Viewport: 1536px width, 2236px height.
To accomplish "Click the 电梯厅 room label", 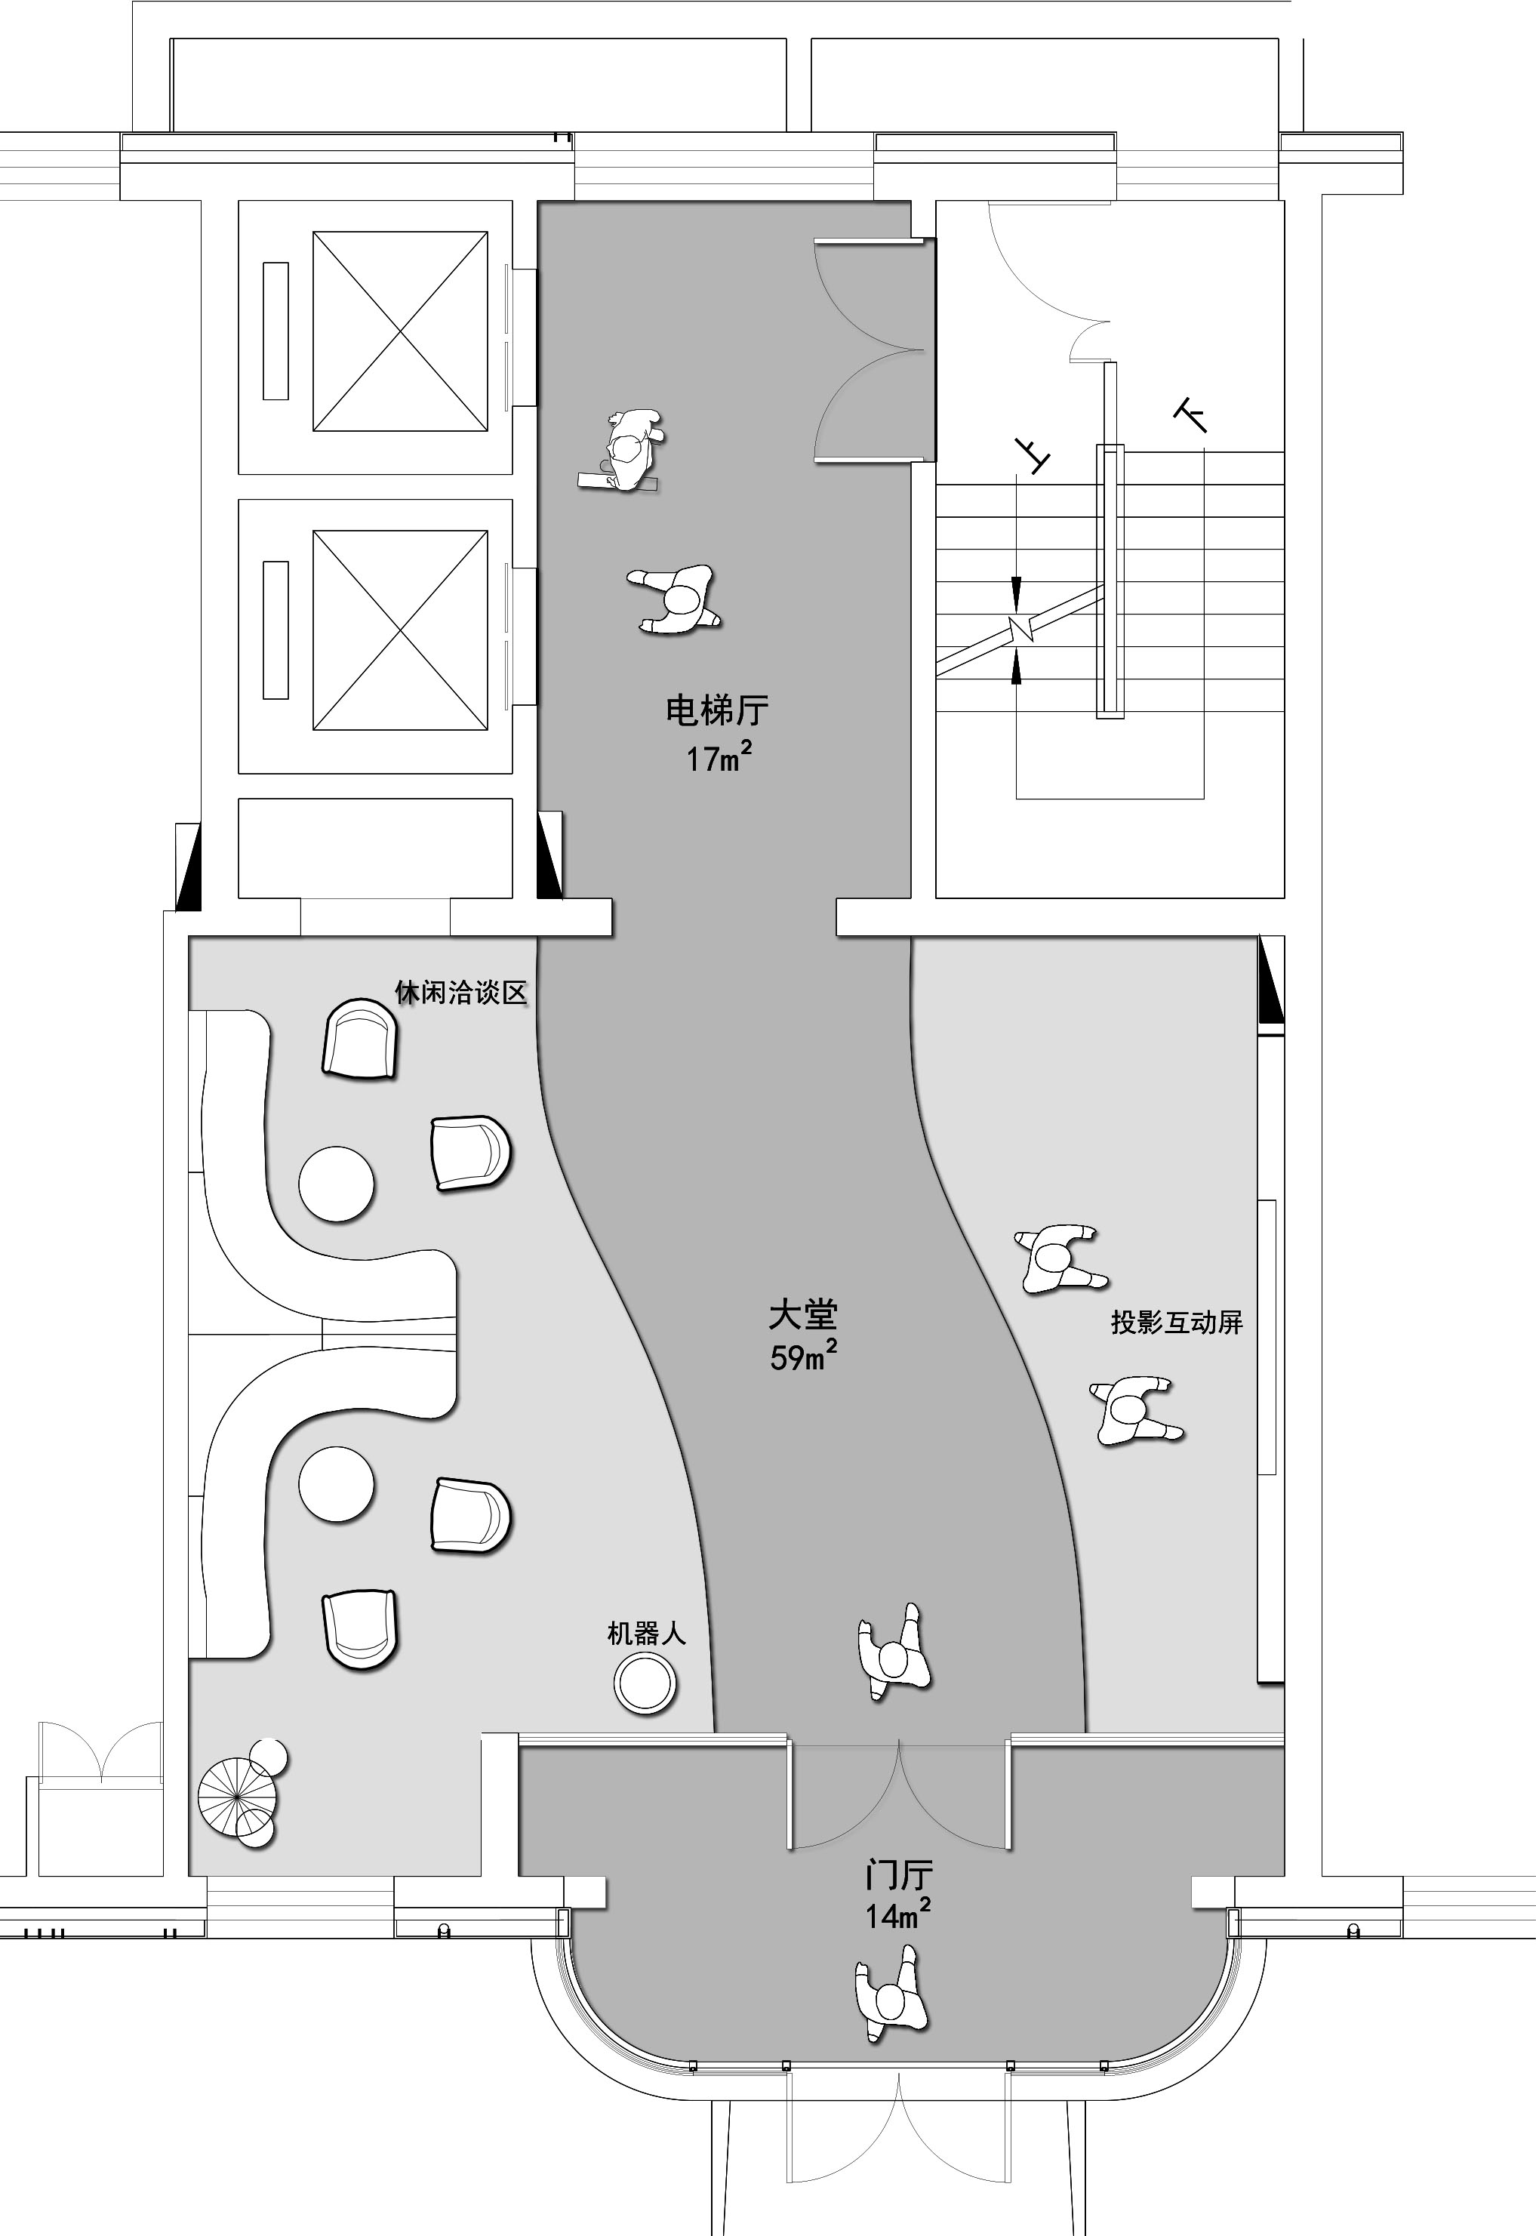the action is [717, 711].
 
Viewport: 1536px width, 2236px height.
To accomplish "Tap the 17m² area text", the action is [719, 757].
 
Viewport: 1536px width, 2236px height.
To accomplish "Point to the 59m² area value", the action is [802, 1355].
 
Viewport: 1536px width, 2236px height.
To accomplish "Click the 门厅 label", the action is [898, 1875].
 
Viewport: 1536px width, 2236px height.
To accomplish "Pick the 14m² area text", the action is [898, 1914].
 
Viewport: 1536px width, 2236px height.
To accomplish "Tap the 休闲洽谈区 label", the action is [462, 993].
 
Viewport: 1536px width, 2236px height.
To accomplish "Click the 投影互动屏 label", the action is [1177, 1322].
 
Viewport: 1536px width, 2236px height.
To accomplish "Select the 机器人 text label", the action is [646, 1634].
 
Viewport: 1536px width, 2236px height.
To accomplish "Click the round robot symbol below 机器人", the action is [646, 1683].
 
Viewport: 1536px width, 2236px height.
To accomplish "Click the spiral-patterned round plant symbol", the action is [238, 1796].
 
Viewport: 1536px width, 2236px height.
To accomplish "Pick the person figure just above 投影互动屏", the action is [1059, 1259].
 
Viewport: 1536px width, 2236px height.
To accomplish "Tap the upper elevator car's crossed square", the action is [400, 331].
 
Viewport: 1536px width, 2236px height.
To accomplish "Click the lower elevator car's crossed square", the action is [400, 630].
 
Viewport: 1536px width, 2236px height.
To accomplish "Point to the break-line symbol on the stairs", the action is [1020, 630].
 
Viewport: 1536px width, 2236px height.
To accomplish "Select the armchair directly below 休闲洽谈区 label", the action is [361, 1039].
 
